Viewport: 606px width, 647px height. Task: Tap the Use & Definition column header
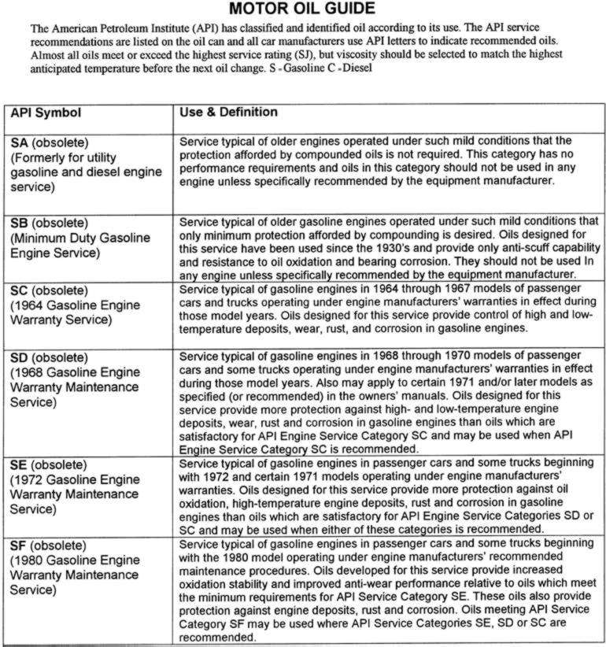(228, 113)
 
